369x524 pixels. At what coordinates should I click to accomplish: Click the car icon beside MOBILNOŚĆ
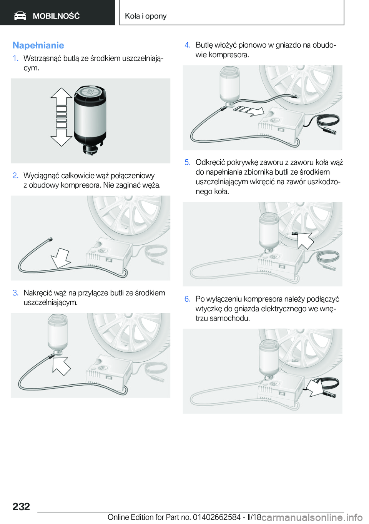[20, 16]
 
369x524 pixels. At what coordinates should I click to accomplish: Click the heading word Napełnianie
[38, 45]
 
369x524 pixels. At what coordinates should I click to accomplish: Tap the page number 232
[21, 506]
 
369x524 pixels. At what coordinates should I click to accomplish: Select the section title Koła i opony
[146, 16]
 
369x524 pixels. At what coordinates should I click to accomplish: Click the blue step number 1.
[15, 58]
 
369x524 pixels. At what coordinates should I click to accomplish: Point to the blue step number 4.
[188, 45]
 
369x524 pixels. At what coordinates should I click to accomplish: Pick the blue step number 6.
[188, 299]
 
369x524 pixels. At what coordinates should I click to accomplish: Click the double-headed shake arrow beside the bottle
[61, 117]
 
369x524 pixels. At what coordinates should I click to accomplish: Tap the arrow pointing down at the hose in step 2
[60, 258]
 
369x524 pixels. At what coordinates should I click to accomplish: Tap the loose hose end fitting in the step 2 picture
[50, 240]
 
